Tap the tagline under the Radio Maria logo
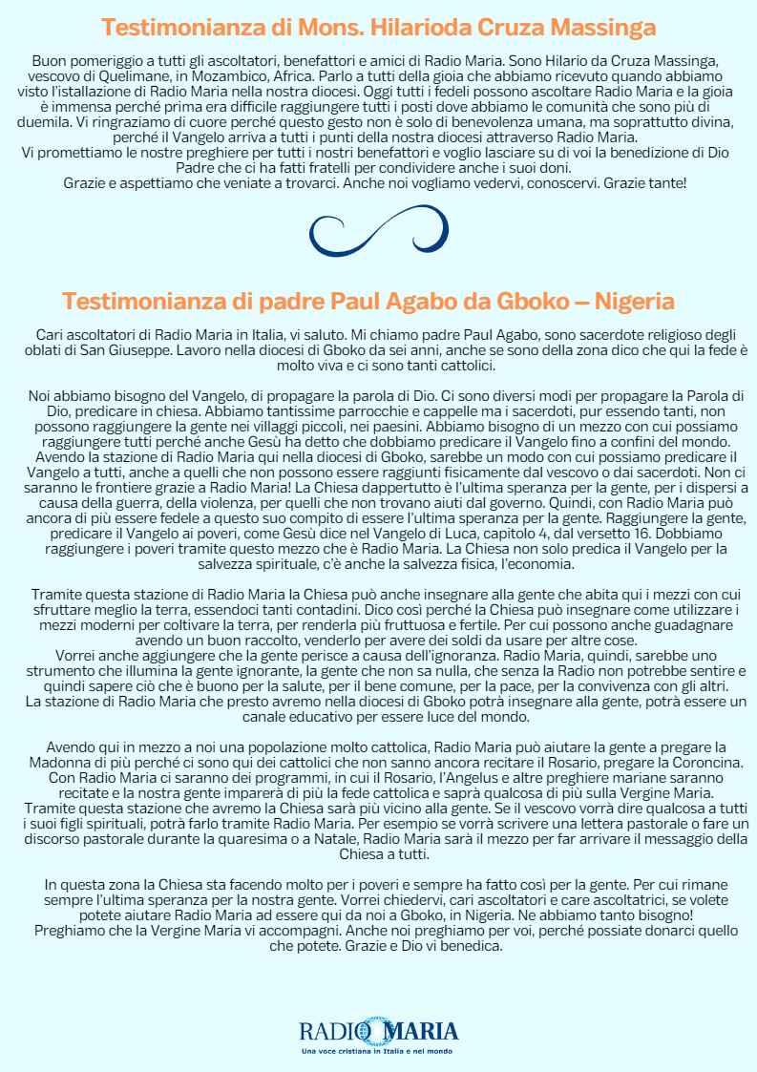pyautogui.click(x=378, y=1051)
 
